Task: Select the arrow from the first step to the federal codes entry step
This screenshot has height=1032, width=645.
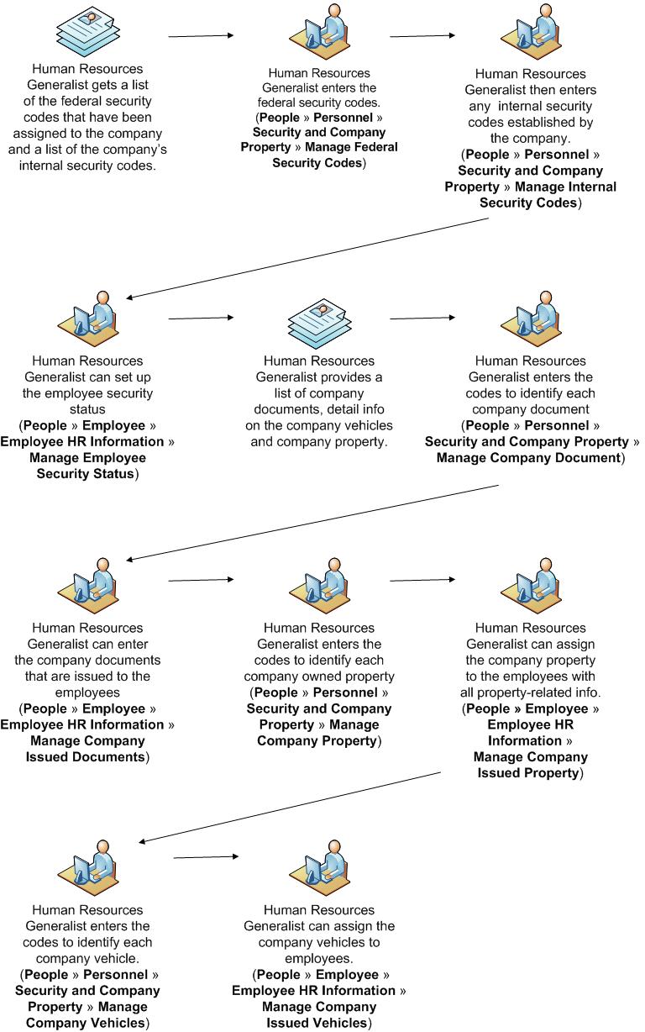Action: (x=201, y=36)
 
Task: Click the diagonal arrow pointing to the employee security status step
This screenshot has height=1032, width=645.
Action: (x=307, y=258)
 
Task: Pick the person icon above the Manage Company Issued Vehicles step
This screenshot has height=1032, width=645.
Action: (x=319, y=866)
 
